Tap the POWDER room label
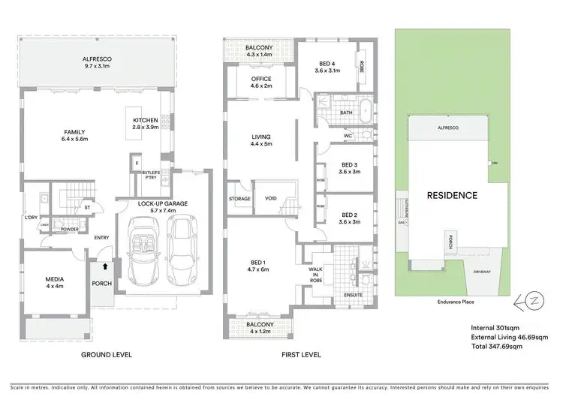(70, 230)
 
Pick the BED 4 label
(327, 68)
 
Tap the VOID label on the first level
(271, 198)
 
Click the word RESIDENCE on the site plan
(452, 195)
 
